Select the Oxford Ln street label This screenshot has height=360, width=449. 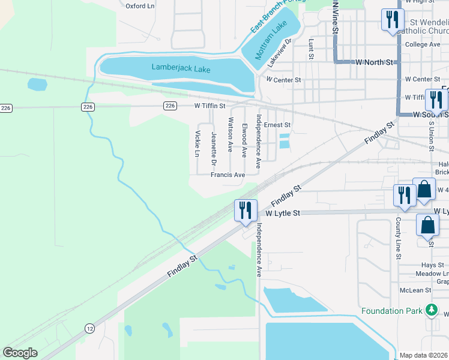coord(140,6)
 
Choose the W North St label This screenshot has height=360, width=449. coord(373,62)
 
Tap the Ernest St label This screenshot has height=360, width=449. coord(277,125)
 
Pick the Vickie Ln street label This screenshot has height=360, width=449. coord(197,144)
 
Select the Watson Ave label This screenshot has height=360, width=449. coord(229,134)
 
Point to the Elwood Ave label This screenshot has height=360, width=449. coord(244,140)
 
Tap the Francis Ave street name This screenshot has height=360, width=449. coord(228,175)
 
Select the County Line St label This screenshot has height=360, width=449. coord(398,239)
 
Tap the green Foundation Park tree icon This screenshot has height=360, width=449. coord(430,310)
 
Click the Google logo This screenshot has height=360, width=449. coord(20,353)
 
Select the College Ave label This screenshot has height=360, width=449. coord(423,44)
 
